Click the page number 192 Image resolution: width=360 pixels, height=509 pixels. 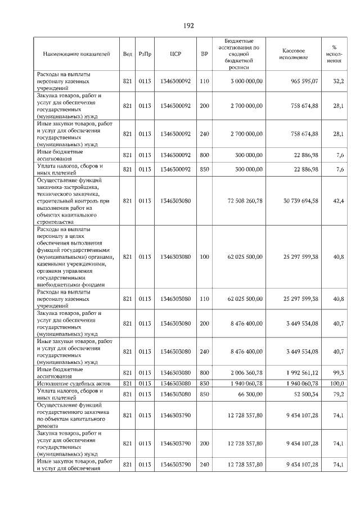click(x=188, y=26)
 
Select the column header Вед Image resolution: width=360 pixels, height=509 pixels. click(x=128, y=54)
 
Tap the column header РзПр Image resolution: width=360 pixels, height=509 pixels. click(x=145, y=54)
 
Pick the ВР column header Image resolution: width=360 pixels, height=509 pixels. click(x=204, y=54)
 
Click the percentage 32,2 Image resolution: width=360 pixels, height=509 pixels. click(x=338, y=82)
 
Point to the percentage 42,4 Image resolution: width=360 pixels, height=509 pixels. click(x=338, y=201)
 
